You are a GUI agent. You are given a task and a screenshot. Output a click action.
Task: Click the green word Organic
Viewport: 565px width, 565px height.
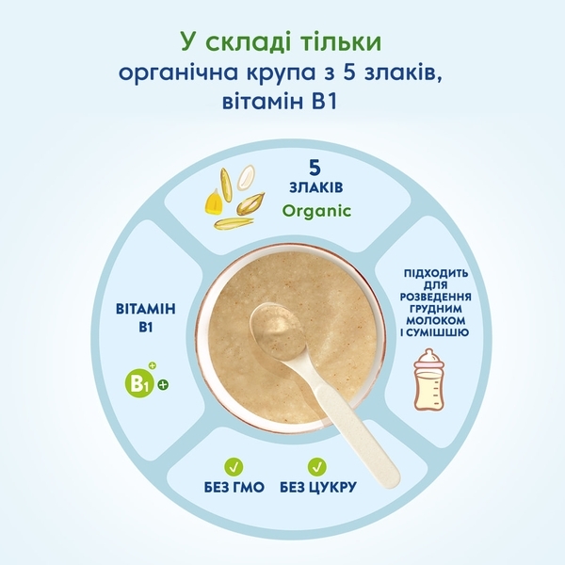pos(316,211)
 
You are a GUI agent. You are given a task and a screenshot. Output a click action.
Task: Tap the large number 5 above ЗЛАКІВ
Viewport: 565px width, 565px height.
pos(315,168)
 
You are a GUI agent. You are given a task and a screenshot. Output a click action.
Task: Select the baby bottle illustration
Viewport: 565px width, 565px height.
pos(428,379)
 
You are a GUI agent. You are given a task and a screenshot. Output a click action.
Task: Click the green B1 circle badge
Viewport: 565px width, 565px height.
pos(139,384)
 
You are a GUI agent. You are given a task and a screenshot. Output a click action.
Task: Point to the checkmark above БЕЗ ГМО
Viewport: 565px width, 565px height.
pos(234,467)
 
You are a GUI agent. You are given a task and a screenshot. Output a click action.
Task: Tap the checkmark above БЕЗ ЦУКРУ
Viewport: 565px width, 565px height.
pos(317,467)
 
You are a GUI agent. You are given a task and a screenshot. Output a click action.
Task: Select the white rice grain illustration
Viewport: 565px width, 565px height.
pos(246,177)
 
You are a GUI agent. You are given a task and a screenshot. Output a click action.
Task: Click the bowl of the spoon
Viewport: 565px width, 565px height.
pos(279,330)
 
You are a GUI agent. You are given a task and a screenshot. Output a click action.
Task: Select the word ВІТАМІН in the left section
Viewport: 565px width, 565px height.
pos(146,309)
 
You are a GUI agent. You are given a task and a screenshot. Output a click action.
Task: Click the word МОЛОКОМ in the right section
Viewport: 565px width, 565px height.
pos(436,320)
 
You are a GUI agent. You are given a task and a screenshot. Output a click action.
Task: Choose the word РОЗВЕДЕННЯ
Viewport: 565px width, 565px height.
pos(436,297)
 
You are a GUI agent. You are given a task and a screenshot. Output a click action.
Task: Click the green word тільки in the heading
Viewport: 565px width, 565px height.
pos(335,41)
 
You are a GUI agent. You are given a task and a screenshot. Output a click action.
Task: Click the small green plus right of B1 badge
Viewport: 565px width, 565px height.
pos(163,385)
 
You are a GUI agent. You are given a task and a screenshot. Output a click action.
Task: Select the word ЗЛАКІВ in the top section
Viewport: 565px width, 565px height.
pos(316,187)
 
